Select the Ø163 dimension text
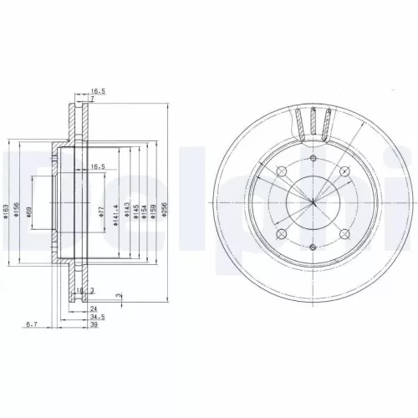tap(5, 212)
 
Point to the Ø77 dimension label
tap(100, 212)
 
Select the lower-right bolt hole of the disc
tap(343, 232)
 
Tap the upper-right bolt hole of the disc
tap(343, 170)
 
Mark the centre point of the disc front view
tap(313, 201)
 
